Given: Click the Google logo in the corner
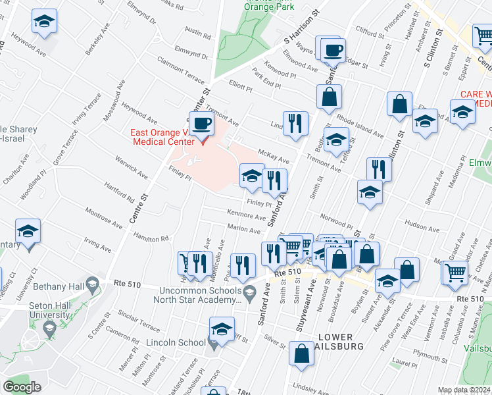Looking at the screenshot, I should pos(22,386).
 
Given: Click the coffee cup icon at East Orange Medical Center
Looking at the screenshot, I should pos(202,123).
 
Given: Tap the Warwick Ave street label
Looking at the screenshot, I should pos(131,167).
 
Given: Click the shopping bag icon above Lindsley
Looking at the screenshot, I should pos(301,353).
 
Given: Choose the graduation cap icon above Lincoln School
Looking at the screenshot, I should pos(222,329).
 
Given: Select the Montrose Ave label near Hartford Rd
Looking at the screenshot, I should pos(103,218).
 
